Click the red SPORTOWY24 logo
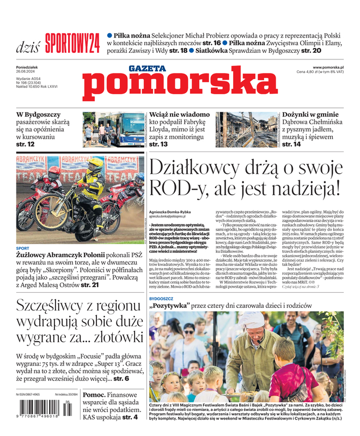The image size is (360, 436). tap(72, 41)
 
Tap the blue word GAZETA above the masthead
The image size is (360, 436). tap(147, 68)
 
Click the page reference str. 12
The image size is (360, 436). tap(26, 144)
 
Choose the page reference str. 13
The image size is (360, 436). tap(158, 144)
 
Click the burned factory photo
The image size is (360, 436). tap(247, 129)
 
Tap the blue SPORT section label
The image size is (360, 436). tap(22, 248)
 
